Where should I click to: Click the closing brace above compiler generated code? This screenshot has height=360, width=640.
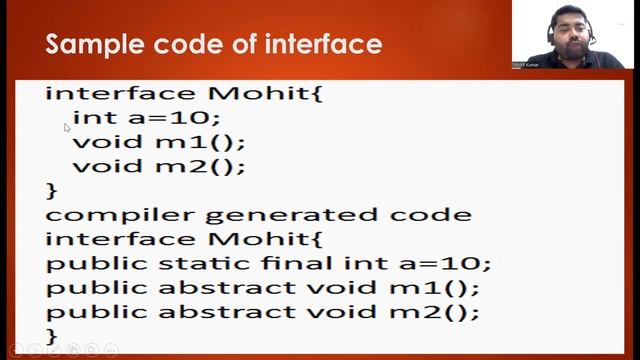click(x=52, y=189)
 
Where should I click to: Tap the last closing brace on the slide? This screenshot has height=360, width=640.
click(x=52, y=335)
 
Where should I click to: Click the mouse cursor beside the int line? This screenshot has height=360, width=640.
click(x=66, y=128)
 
